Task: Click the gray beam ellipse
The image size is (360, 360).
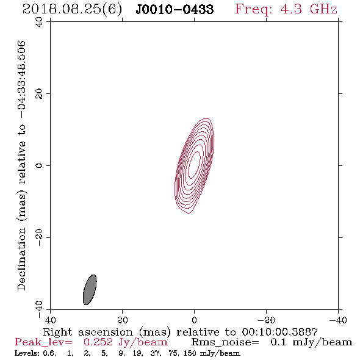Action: point(90,290)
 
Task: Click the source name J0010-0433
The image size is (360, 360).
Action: point(175,9)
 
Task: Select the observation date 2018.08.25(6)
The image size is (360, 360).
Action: point(72,9)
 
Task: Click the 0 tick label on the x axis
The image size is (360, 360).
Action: point(194,320)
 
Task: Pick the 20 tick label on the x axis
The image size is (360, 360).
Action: point(122,320)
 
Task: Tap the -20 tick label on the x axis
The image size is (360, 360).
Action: point(266,320)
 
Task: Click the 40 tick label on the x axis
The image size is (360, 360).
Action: point(50,320)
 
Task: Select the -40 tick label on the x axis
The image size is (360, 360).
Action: point(338,320)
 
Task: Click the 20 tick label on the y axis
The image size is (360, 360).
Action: point(39,94)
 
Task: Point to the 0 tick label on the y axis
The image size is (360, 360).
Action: point(39,165)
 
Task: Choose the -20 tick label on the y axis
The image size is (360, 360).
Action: point(39,237)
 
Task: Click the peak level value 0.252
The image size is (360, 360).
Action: point(98,342)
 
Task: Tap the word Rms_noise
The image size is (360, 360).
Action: point(225,342)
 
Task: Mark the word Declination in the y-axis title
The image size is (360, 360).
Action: point(22,259)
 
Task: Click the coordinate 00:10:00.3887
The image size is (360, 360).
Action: point(280,332)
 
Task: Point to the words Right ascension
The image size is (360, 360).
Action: point(88,333)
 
